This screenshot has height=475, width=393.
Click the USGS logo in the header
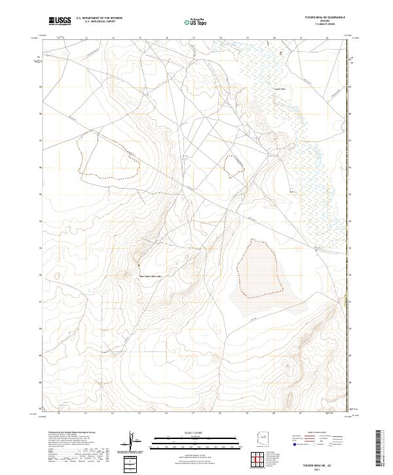click(60, 22)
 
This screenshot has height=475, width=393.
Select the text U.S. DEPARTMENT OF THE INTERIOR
click(99, 19)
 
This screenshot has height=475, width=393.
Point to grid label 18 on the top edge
click(221, 37)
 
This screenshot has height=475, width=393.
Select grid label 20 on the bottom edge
click(275, 414)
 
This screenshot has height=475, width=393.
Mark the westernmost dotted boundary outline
click(107, 155)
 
